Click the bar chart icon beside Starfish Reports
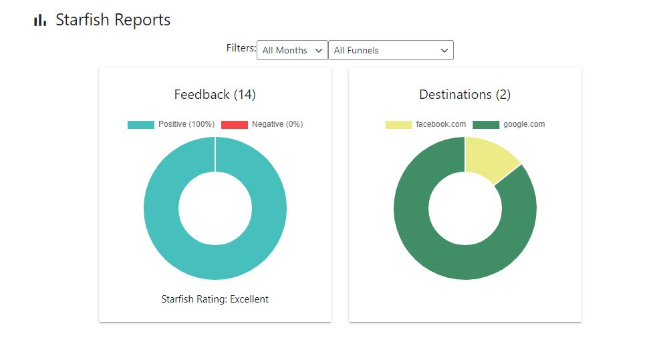point(40,21)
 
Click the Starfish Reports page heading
point(113,20)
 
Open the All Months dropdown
point(292,50)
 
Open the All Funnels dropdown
point(390,50)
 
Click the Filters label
point(241,48)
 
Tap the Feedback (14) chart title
point(215,94)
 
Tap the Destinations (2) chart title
point(465,94)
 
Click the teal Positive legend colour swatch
point(140,125)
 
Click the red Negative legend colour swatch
point(234,125)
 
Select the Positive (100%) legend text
point(186,125)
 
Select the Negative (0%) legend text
point(277,125)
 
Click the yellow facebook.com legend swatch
point(398,125)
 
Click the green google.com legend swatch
point(486,125)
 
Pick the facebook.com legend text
point(440,125)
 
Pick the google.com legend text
point(524,125)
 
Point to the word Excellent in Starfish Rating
point(249,299)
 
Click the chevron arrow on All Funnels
point(444,51)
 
